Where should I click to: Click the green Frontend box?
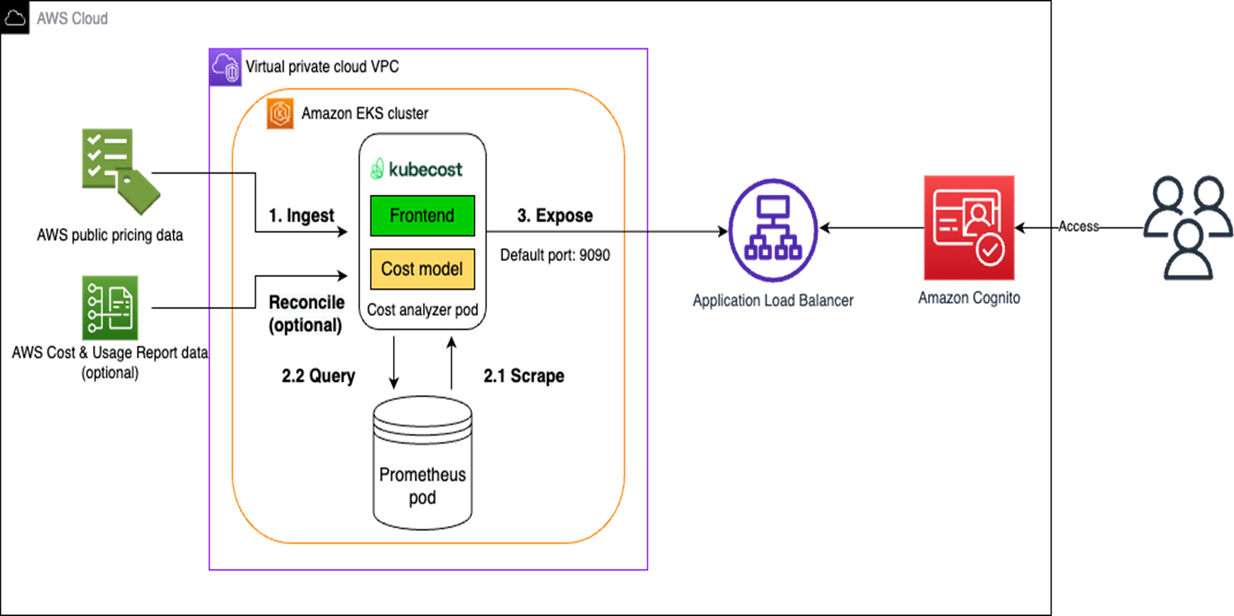point(422,215)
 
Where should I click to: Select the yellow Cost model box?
point(422,269)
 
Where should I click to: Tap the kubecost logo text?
point(417,170)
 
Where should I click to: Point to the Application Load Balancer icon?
point(773,230)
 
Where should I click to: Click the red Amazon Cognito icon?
point(968,228)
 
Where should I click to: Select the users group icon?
point(1188,228)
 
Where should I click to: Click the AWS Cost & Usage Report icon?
point(110,308)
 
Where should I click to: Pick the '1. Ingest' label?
point(301,215)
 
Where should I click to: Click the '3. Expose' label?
point(555,215)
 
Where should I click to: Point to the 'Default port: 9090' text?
point(555,255)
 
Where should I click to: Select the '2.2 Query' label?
point(318,376)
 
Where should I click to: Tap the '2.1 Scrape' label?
point(523,376)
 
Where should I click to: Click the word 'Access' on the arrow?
point(1078,227)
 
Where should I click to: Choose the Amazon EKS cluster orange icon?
point(280,113)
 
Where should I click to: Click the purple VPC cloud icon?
point(225,68)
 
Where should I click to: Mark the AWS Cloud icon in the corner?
point(15,17)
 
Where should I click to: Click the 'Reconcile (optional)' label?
point(306,313)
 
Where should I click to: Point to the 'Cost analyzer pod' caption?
point(422,310)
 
